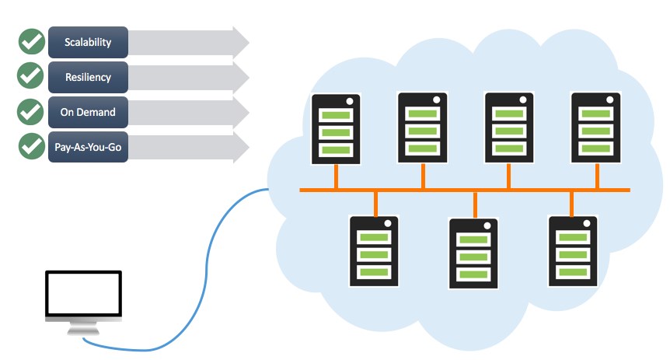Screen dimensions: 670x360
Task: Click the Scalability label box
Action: tap(88, 42)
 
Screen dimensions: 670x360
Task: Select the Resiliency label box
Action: tap(88, 77)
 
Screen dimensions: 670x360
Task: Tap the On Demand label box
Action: tap(88, 112)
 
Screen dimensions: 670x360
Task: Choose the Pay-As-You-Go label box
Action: tap(88, 147)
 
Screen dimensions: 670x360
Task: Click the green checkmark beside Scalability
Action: tap(32, 41)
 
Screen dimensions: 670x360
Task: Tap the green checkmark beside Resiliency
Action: tap(30, 75)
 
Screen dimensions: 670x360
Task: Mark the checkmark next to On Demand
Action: tap(30, 112)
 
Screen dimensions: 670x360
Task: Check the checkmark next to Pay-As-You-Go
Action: tap(32, 146)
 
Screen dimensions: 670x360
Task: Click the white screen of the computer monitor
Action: tap(84, 294)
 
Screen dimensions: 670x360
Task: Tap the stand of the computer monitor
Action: tap(83, 328)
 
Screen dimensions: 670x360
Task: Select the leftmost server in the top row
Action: tap(336, 129)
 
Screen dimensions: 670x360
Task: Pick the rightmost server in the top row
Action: tap(595, 128)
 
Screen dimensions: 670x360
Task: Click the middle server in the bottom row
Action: tap(473, 253)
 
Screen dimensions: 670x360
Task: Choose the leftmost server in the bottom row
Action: tap(374, 251)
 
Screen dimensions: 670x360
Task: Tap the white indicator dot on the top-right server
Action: tap(609, 100)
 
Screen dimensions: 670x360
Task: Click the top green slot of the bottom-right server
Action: tap(573, 237)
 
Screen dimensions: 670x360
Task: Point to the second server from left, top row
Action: tap(423, 128)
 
